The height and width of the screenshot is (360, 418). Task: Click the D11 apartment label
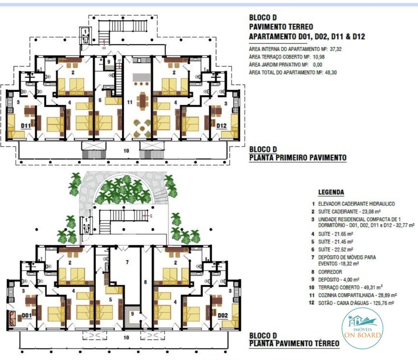pyautogui.click(x=26, y=125)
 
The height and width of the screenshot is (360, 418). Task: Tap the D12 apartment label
pyautogui.click(x=222, y=125)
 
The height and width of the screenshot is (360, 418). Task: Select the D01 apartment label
pyautogui.click(x=27, y=315)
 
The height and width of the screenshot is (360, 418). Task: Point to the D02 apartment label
pyautogui.click(x=223, y=315)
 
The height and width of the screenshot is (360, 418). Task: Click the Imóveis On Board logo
pyautogui.click(x=362, y=328)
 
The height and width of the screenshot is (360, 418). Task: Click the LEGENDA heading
pyautogui.click(x=331, y=192)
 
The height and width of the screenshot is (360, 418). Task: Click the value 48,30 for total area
pyautogui.click(x=331, y=72)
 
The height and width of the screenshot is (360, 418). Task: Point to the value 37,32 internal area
pyautogui.click(x=335, y=49)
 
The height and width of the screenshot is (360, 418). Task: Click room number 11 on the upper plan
pyautogui.click(x=130, y=102)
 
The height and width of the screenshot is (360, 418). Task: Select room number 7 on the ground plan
pyautogui.click(x=127, y=262)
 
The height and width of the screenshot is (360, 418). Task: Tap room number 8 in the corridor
pyautogui.click(x=145, y=282)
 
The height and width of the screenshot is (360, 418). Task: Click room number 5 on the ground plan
pyautogui.click(x=111, y=300)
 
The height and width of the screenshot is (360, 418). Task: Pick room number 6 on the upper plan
pyautogui.click(x=100, y=100)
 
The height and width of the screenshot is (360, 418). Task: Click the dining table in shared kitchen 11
pyautogui.click(x=143, y=101)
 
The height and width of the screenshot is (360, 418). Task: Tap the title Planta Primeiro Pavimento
pyautogui.click(x=298, y=158)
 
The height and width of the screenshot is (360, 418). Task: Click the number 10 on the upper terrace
pyautogui.click(x=126, y=151)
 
